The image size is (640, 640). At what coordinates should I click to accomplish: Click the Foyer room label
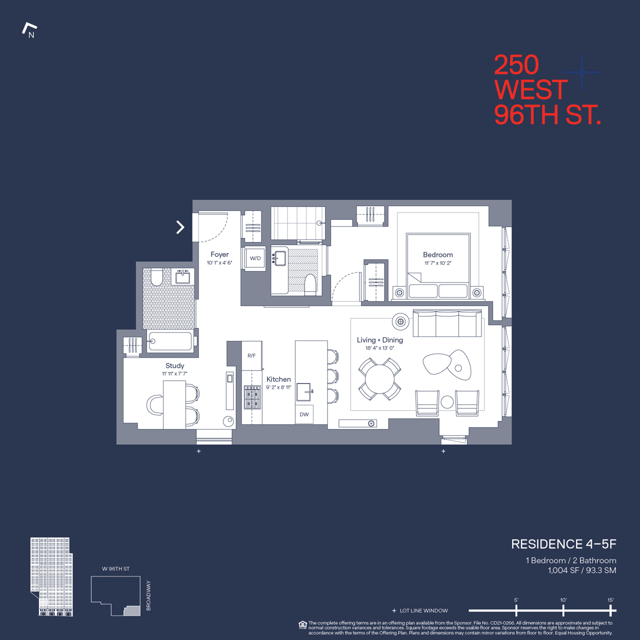point(219,254)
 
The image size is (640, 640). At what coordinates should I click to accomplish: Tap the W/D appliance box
point(255,258)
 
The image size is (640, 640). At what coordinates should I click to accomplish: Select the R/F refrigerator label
point(251,355)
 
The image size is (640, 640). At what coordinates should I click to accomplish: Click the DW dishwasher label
point(304,414)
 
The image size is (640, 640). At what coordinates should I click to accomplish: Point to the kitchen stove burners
point(252,397)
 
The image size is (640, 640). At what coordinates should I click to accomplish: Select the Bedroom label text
point(437,255)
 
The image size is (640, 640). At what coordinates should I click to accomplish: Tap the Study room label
point(174,366)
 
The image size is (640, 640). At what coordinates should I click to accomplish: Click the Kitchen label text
point(278,379)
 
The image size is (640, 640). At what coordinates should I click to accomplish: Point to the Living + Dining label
point(379,340)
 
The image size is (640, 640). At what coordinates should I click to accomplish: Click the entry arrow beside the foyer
point(180,227)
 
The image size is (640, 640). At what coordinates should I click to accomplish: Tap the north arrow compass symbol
point(30,30)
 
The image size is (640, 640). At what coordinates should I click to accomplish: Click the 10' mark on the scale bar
point(563,610)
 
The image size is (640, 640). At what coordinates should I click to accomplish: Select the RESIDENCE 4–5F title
point(563,544)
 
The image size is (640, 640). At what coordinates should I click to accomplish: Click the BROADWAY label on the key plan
point(148,595)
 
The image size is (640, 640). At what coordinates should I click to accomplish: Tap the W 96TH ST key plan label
point(115,568)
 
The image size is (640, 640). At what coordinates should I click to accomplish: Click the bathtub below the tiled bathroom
point(170,341)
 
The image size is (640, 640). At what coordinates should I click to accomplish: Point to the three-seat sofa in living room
point(447,324)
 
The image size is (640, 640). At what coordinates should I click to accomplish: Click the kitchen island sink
point(304,392)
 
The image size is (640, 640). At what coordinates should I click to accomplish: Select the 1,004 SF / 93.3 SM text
point(582,570)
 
